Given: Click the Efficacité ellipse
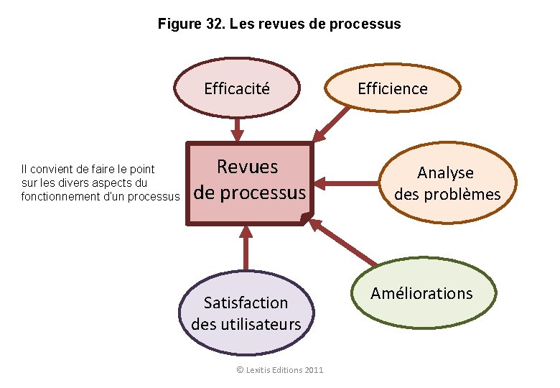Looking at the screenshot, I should tap(237, 88).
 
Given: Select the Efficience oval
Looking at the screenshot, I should tap(392, 88).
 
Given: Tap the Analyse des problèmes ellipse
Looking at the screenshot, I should tap(447, 183).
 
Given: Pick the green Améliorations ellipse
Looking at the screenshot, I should tap(421, 293).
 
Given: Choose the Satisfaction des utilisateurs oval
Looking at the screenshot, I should tap(246, 313).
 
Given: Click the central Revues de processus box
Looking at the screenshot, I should tap(250, 183).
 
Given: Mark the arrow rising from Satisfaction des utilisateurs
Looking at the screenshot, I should tap(246, 248).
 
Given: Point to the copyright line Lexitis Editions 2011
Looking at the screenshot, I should tap(280, 369).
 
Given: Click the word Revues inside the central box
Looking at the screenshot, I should tap(247, 167).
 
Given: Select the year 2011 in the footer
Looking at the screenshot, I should tap(314, 369).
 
